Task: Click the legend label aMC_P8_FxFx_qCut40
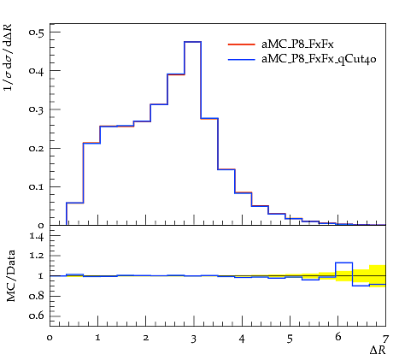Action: tap(319, 59)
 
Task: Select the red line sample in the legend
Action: tap(241, 44)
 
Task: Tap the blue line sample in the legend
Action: tap(241, 60)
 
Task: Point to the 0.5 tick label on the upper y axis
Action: tap(36, 32)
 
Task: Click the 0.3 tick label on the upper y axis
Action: tap(36, 109)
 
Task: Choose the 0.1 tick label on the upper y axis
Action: tap(36, 186)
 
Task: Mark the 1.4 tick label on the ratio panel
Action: tap(37, 236)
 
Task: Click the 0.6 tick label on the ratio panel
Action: tap(36, 316)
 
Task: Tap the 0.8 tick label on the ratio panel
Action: tap(36, 296)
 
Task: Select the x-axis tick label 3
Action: tap(194, 339)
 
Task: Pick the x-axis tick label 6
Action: tap(338, 337)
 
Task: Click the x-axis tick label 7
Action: tap(385, 339)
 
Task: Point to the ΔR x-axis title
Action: tap(378, 350)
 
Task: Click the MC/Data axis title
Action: tap(10, 275)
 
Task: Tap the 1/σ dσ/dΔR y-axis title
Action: tap(9, 57)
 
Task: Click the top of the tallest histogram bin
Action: tap(193, 42)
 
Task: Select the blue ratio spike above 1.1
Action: tap(344, 263)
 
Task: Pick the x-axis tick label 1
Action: tap(97, 338)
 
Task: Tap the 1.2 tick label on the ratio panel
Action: tap(37, 256)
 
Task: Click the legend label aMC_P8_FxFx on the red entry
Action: tap(297, 44)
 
